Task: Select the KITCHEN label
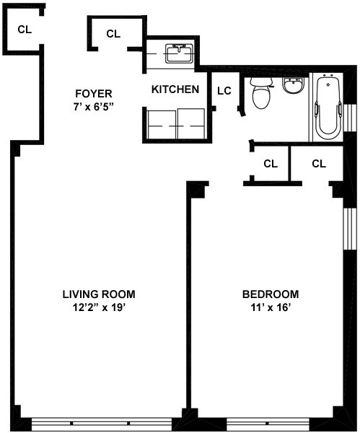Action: click(x=175, y=89)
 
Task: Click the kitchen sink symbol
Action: click(x=176, y=53)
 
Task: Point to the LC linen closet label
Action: click(x=224, y=90)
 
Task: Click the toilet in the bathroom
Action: click(x=260, y=93)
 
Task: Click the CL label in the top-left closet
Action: click(x=24, y=30)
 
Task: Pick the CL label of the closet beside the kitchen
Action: click(x=113, y=33)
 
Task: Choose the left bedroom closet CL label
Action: click(x=270, y=164)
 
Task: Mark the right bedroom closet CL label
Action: click(x=319, y=164)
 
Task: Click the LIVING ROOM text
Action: click(x=98, y=294)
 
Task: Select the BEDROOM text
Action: click(x=270, y=294)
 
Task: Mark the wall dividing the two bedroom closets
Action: click(x=290, y=164)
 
